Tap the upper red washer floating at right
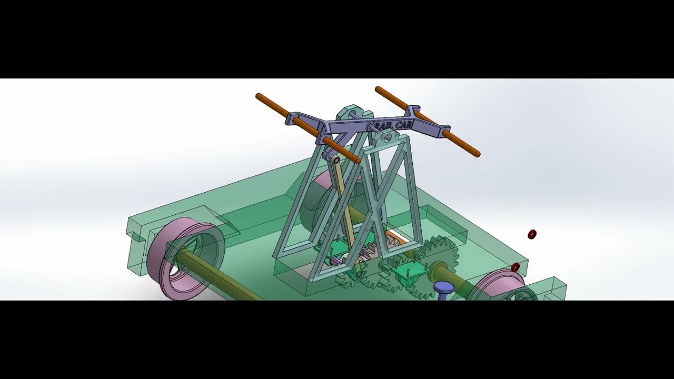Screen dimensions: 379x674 [532, 234]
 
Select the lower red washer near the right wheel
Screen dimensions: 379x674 [516, 267]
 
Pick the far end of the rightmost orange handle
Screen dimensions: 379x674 [477, 154]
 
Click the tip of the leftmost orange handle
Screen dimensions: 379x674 [258, 96]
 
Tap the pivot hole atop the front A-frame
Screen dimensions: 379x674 [387, 138]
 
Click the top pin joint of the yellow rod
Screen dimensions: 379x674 [335, 158]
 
